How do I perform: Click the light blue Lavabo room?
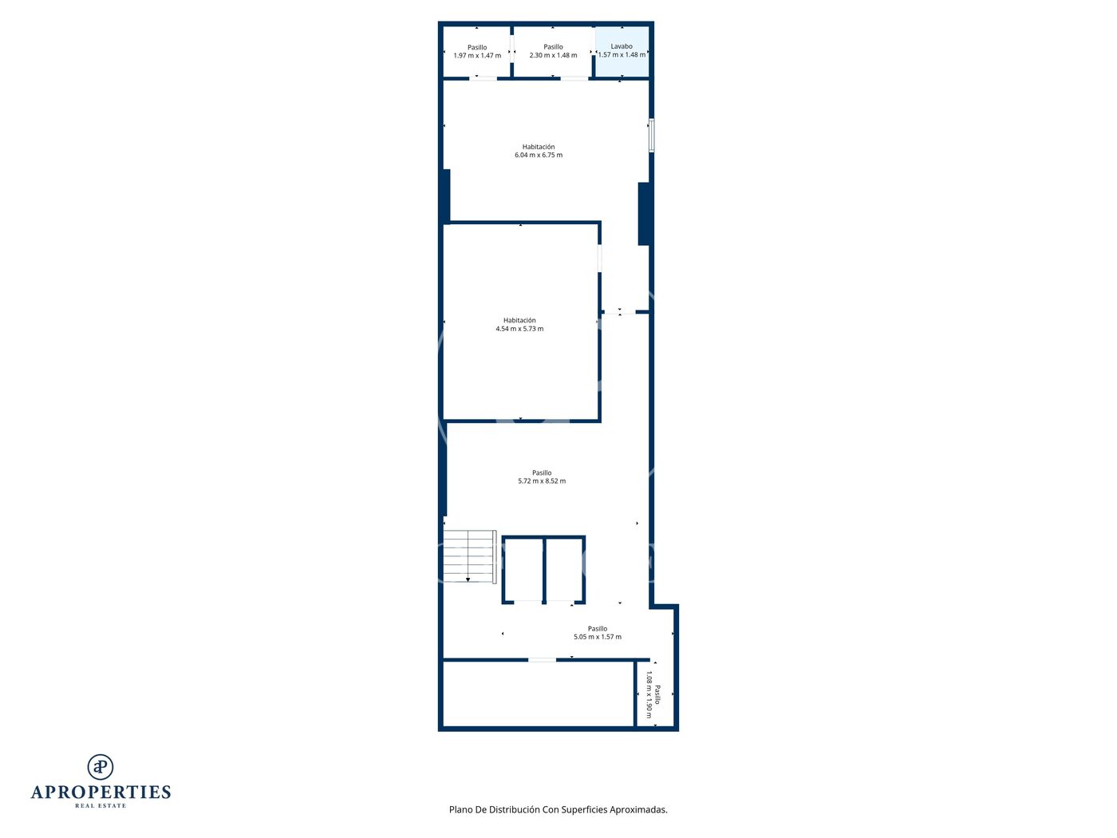click(622, 51)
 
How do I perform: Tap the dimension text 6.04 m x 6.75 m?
click(539, 155)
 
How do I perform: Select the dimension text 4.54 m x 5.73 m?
click(519, 329)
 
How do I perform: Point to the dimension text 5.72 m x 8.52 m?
click(542, 480)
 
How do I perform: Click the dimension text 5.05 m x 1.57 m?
click(598, 637)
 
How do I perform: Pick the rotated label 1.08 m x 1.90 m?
click(649, 694)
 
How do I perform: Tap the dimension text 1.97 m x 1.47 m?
click(477, 55)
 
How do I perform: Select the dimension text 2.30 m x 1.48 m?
click(553, 55)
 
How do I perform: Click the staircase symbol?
click(469, 556)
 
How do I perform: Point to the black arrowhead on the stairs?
click(468, 579)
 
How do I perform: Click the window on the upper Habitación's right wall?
click(651, 136)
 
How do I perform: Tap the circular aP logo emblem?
click(101, 767)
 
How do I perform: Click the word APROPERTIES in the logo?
click(101, 793)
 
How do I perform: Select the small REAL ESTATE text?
click(101, 806)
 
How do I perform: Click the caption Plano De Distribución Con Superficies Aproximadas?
click(558, 809)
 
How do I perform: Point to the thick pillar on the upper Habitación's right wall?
click(644, 214)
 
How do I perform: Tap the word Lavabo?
click(622, 46)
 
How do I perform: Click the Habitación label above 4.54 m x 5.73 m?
click(519, 320)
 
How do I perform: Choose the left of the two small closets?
click(523, 570)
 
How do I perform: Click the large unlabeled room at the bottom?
click(539, 694)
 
